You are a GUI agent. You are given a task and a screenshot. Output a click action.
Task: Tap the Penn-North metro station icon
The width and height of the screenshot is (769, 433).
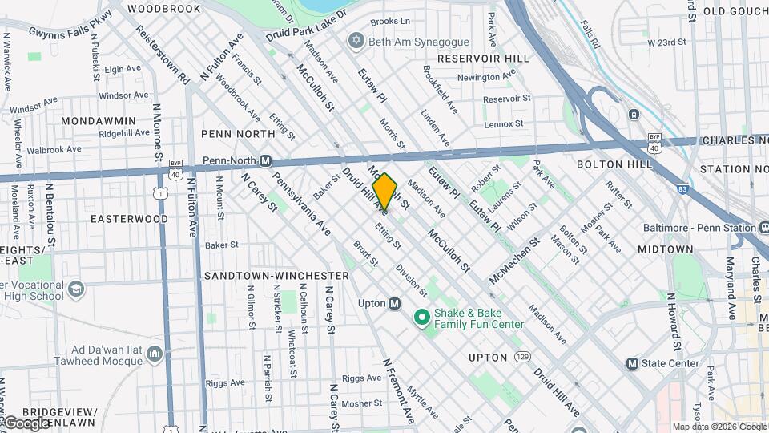pyautogui.click(x=265, y=160)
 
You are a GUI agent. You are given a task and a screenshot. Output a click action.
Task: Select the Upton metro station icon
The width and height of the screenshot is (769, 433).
pyautogui.click(x=394, y=303)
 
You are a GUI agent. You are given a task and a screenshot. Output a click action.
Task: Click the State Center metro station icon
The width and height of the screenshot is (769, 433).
pyautogui.click(x=632, y=363)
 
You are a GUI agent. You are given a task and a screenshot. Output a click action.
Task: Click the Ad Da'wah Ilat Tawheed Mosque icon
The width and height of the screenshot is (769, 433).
pyautogui.click(x=155, y=354)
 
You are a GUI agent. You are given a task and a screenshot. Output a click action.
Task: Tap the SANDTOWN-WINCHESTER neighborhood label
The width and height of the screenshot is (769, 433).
pyautogui.click(x=276, y=275)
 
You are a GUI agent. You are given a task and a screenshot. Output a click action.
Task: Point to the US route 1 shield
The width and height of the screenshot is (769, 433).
pyautogui.click(x=163, y=193)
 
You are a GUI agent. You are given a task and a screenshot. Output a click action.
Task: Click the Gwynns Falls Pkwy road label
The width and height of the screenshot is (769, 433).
pyautogui.click(x=70, y=29)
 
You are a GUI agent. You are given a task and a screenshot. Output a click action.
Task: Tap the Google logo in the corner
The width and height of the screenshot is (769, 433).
pyautogui.click(x=26, y=422)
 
